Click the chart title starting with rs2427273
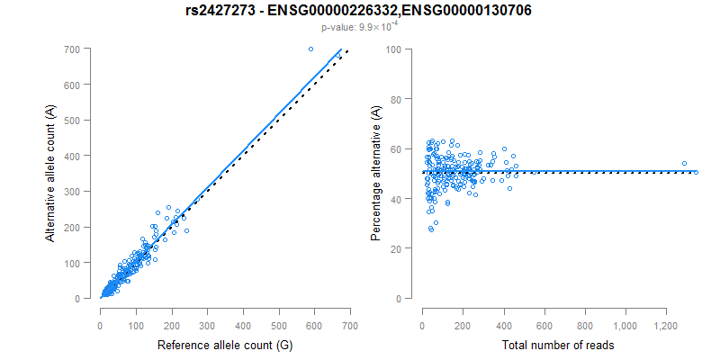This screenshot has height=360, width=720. coord(360,12)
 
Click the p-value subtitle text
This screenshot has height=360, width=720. coord(360,27)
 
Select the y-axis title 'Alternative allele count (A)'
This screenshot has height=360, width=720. coord(50,173)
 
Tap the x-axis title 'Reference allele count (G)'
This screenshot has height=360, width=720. coord(224,345)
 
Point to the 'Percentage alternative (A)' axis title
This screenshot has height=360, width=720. coord(375,173)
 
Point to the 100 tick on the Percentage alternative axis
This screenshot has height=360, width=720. coord(391,49)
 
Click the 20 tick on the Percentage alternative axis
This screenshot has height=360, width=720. coord(394,248)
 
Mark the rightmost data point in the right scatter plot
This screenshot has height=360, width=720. coord(695,170)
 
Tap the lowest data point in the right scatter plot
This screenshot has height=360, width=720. coord(431,229)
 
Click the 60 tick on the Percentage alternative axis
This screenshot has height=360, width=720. coord(394,148)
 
